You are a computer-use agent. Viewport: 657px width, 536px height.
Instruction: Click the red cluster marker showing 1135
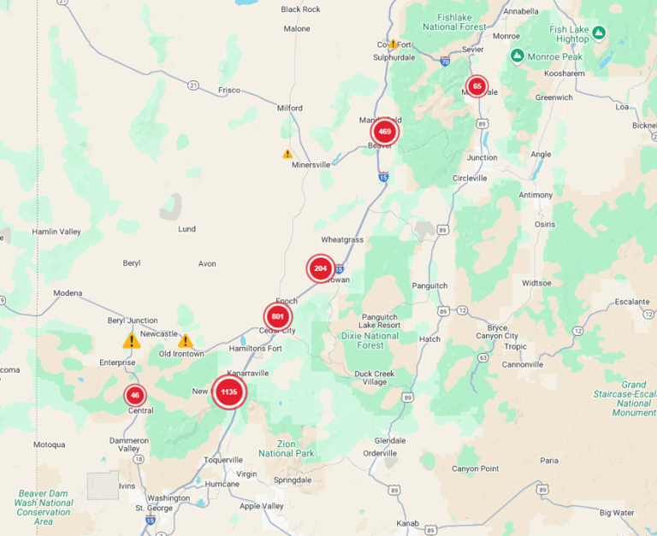[228, 392]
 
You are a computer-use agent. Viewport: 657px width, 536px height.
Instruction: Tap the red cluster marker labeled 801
[277, 317]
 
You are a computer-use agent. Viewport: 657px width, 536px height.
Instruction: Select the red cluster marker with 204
[321, 268]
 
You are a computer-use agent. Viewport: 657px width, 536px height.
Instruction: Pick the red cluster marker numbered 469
[384, 132]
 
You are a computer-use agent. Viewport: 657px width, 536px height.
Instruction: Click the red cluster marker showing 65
[476, 85]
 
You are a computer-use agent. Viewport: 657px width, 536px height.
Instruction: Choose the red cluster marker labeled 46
[134, 395]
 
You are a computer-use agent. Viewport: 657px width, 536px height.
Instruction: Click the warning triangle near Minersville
[287, 154]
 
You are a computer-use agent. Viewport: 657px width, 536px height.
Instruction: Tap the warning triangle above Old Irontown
[185, 340]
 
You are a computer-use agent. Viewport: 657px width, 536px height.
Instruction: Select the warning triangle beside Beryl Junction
[131, 340]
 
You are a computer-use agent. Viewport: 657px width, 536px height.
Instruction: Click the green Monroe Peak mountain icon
[517, 56]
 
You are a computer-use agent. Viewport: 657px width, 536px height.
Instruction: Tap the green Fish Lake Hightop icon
[599, 33]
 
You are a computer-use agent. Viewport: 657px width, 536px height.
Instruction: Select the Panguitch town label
[429, 286]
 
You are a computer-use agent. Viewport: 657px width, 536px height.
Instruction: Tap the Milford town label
[290, 109]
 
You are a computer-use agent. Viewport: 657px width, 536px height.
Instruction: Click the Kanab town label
[406, 522]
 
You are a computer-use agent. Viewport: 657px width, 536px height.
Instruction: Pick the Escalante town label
[632, 301]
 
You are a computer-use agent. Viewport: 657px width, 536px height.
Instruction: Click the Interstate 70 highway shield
[444, 62]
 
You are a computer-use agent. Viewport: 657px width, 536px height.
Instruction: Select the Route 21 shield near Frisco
[193, 85]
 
